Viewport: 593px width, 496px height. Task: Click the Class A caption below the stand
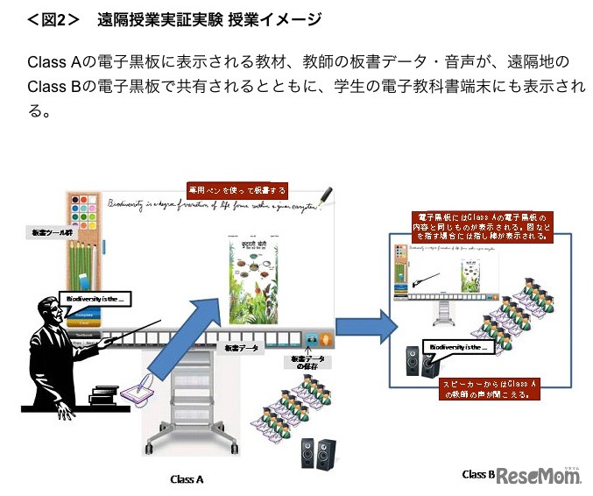tap(187, 478)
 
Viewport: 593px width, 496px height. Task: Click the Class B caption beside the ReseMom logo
tap(478, 474)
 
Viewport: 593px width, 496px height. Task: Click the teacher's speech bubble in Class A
tap(94, 299)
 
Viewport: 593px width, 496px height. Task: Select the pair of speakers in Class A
tap(320, 453)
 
